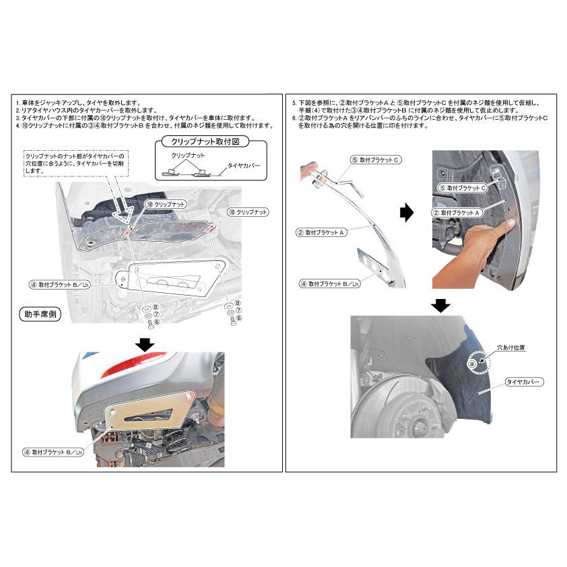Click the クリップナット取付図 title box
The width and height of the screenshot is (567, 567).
(x=203, y=142)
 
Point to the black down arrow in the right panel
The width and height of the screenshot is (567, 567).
(x=440, y=306)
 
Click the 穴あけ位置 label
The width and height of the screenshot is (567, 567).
(x=510, y=348)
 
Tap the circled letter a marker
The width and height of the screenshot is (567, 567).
(x=472, y=362)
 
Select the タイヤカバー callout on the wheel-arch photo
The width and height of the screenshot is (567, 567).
(x=524, y=382)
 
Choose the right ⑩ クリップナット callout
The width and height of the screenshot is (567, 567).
(x=247, y=211)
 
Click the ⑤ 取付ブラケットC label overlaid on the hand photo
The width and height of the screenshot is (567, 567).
(x=463, y=188)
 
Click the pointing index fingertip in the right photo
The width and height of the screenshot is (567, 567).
(x=512, y=222)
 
